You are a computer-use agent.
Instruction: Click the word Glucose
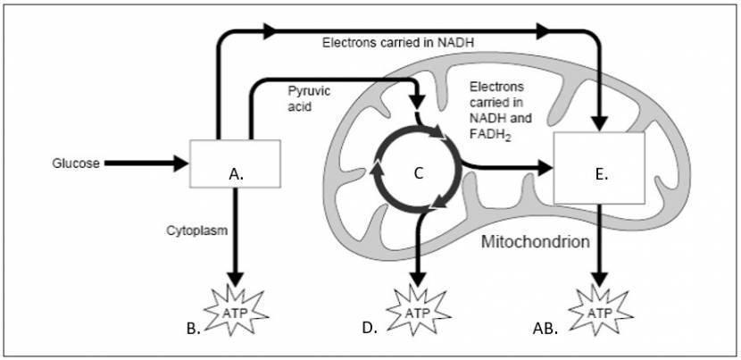pyautogui.click(x=76, y=163)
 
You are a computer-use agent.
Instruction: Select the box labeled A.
pyautogui.click(x=236, y=163)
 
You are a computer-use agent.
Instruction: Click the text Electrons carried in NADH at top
pyautogui.click(x=398, y=41)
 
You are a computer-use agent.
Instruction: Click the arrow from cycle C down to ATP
pyautogui.click(x=418, y=246)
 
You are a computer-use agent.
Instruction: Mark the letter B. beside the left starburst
pyautogui.click(x=192, y=329)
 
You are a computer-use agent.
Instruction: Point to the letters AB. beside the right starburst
pyautogui.click(x=545, y=329)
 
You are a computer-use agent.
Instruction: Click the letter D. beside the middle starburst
pyautogui.click(x=370, y=329)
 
